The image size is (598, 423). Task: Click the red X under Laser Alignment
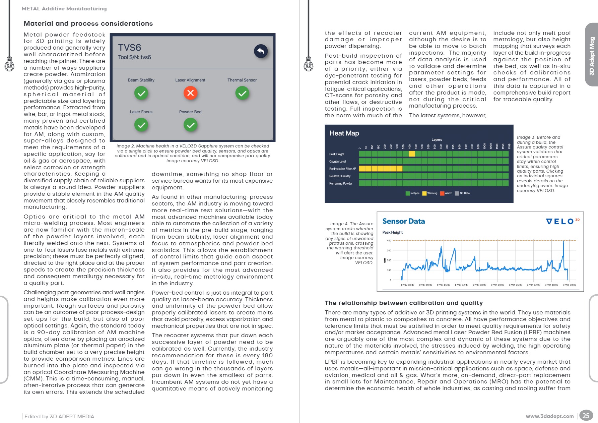coord(190,93)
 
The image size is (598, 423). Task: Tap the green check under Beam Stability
coord(141,93)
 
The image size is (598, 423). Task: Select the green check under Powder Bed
coord(190,125)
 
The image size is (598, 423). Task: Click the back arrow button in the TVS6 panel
coord(261,51)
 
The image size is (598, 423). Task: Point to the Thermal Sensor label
coord(242,80)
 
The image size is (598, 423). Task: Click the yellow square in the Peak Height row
coord(412,154)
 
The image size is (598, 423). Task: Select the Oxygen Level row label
coord(337,162)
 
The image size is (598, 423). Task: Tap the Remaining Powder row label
coord(341,184)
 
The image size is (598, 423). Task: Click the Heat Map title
coord(344,133)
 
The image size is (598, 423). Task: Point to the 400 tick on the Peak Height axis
coord(389,241)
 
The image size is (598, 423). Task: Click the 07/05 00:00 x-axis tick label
coord(569,285)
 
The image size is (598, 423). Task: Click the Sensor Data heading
coord(403,221)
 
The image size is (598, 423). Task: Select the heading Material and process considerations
coord(88,23)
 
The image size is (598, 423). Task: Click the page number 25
coord(586,416)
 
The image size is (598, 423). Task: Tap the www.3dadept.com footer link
coord(549,416)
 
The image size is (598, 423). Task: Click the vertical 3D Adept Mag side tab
coord(592,56)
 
